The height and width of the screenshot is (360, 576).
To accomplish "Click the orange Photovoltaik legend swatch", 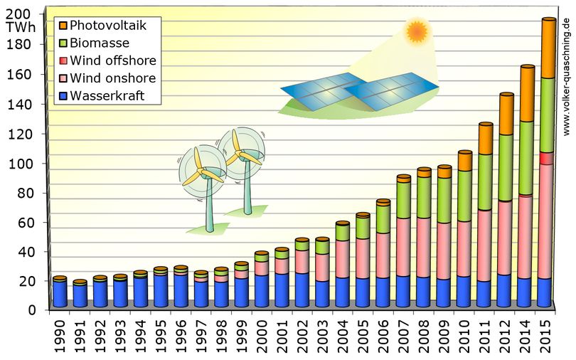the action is [x=63, y=26].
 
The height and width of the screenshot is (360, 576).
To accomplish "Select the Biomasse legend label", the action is [x=100, y=43].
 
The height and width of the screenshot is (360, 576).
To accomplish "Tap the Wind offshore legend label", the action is [x=113, y=60].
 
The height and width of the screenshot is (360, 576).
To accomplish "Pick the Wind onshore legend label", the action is [x=113, y=78].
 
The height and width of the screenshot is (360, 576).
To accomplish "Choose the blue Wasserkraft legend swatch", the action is [x=63, y=96].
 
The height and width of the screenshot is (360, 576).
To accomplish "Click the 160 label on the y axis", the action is [x=22, y=75].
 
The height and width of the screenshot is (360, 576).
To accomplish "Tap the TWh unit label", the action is [x=21, y=28].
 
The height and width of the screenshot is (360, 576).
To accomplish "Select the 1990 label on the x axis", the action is [x=60, y=336].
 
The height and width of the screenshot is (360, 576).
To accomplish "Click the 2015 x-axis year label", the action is [x=545, y=336].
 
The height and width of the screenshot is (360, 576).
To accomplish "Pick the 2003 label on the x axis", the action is [x=323, y=336].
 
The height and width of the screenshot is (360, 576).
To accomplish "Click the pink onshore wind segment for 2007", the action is [x=404, y=247].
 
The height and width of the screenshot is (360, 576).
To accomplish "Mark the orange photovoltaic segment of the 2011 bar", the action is [x=486, y=139].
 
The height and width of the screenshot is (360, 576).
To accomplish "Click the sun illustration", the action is [x=417, y=31].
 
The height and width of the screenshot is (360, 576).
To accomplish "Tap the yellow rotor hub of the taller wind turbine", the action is [x=239, y=153].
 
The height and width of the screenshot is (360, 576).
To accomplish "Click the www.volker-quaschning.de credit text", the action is [x=567, y=76].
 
